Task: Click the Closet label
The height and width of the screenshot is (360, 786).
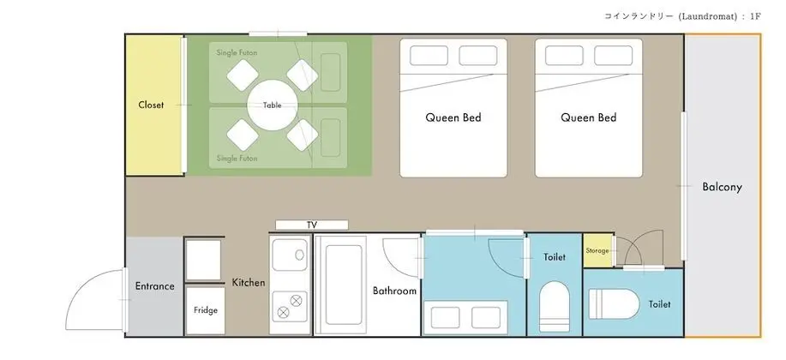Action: [151, 105]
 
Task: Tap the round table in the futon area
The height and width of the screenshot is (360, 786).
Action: [273, 105]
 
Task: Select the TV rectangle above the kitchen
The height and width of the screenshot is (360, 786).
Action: [312, 225]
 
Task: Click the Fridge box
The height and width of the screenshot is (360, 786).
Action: [206, 310]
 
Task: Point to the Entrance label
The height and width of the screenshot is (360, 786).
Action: [155, 286]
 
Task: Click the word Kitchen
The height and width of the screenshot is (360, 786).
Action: [248, 283]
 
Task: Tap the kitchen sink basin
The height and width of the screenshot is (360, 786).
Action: [290, 255]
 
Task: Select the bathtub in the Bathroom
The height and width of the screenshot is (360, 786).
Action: [343, 285]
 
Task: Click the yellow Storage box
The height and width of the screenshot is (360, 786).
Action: [598, 250]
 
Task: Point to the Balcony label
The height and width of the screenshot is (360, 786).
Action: [722, 187]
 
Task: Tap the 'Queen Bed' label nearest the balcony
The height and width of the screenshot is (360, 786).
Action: [589, 117]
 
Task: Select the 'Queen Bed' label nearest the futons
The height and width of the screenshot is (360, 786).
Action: [453, 117]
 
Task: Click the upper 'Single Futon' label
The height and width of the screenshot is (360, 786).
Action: [237, 52]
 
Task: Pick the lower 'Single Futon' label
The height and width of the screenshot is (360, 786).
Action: [237, 159]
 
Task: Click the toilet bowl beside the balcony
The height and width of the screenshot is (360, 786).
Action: [614, 303]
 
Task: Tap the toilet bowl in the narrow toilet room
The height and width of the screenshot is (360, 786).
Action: [555, 306]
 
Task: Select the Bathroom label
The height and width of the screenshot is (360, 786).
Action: [394, 291]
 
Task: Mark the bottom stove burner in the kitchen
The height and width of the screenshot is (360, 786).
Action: [283, 312]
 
